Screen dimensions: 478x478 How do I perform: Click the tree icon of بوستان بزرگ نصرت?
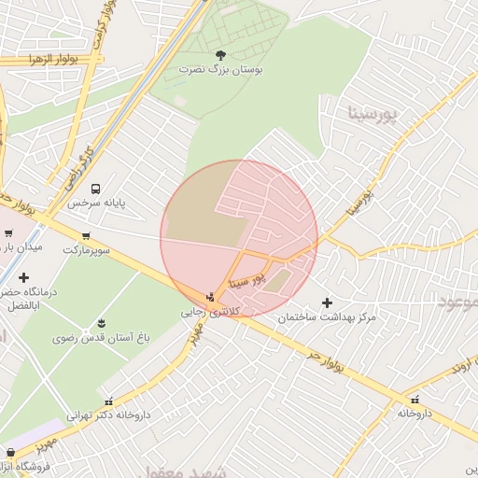click(x=220, y=55)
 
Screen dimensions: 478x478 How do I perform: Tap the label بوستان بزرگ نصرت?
click(x=221, y=70)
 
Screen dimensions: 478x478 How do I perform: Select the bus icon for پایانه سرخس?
click(x=95, y=188)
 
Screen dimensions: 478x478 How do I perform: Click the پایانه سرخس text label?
click(x=95, y=203)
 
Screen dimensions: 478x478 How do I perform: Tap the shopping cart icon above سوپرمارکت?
click(x=87, y=236)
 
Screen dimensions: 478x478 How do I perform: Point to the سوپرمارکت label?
click(x=87, y=250)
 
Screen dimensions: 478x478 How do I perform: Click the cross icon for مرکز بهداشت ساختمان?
click(x=327, y=302)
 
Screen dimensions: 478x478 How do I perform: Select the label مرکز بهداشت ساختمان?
click(x=327, y=317)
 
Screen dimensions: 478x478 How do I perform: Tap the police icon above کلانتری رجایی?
click(x=210, y=297)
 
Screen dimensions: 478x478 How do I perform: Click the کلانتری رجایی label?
click(x=210, y=311)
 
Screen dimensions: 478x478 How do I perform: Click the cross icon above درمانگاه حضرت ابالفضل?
click(x=23, y=277)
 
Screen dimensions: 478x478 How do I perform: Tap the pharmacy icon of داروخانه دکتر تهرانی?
click(x=108, y=400)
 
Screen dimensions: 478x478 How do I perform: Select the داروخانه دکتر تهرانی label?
click(x=108, y=414)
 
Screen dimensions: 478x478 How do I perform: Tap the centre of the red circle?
click(x=239, y=239)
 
